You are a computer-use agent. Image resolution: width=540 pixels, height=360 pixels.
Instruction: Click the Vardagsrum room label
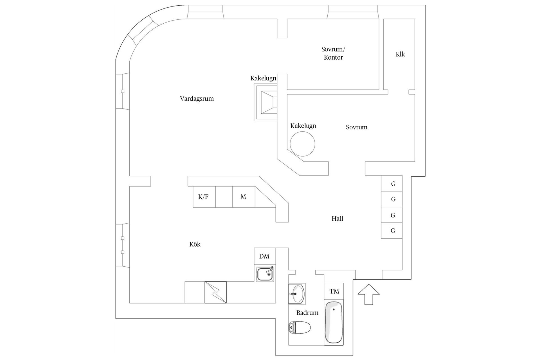[x=197, y=99]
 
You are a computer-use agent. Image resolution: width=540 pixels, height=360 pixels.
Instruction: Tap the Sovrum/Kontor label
[x=333, y=53]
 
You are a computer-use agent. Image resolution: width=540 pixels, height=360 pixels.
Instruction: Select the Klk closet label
[x=400, y=54]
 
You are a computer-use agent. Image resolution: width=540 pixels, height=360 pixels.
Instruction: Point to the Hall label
[x=337, y=219]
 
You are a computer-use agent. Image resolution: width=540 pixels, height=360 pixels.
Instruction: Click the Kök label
[x=195, y=244]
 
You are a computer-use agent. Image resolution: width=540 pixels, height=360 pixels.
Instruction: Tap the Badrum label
[x=307, y=313]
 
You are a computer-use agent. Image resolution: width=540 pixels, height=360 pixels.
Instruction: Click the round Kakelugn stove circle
[x=302, y=144]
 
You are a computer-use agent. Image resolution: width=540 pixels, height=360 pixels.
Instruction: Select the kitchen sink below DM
[x=265, y=274]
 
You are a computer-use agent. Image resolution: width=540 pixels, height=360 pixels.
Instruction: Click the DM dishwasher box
[x=264, y=256]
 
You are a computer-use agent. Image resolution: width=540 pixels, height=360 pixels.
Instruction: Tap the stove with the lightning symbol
[x=215, y=292]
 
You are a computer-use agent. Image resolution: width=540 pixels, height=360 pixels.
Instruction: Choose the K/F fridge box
[x=204, y=197]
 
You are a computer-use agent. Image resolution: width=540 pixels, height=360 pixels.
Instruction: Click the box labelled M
[x=244, y=197]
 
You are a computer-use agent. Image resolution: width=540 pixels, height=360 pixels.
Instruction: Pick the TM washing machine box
[x=334, y=291]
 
